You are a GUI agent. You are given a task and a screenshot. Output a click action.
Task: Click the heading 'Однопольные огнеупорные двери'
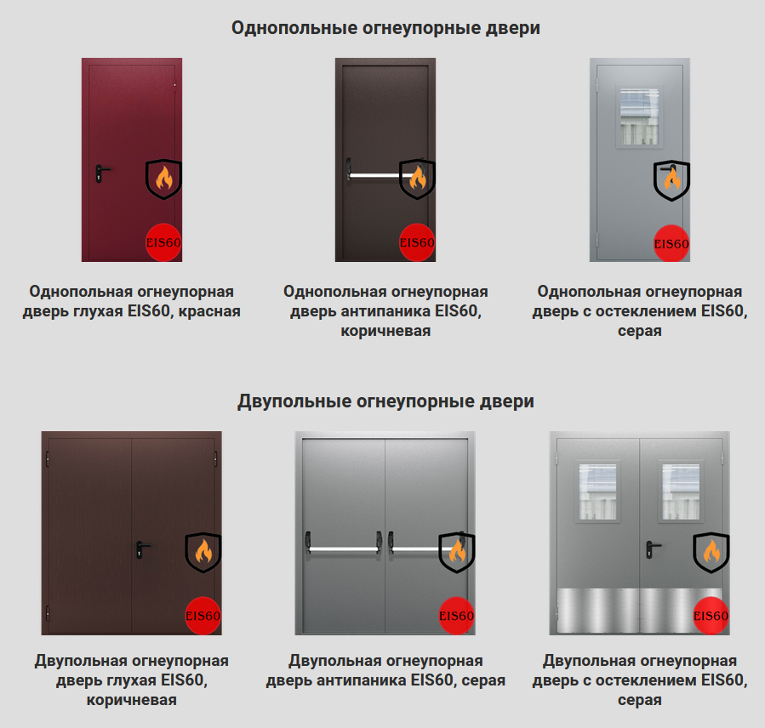tap(385, 28)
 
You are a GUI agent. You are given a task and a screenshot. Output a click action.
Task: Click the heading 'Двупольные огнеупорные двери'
tap(385, 401)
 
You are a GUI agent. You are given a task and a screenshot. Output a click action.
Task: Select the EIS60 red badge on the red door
tap(163, 242)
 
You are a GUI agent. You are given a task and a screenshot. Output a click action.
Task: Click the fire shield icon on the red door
tap(163, 179)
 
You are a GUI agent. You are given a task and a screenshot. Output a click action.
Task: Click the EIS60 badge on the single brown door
tap(417, 242)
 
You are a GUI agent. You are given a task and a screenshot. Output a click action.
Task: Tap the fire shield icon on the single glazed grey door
tap(671, 180)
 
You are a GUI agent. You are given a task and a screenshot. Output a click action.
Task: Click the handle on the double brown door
tap(142, 549)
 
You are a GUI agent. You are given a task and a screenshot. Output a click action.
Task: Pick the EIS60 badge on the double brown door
tap(203, 616)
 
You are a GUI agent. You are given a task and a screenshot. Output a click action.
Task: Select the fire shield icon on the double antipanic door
tap(457, 553)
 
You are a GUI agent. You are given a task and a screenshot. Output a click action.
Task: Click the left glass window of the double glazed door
tap(597, 492)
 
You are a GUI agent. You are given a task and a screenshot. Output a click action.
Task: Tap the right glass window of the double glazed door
tap(681, 492)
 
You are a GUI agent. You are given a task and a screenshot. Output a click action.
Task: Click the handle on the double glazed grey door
tap(653, 549)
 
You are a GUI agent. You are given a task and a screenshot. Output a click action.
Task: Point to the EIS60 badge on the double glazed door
tap(711, 616)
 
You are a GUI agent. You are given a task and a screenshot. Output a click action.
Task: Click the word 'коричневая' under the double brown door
tap(132, 700)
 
